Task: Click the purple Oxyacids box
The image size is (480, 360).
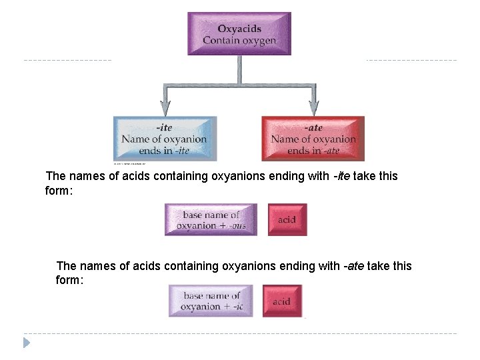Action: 239,33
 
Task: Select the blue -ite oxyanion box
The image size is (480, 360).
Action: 165,139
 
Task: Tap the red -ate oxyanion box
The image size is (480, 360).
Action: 313,139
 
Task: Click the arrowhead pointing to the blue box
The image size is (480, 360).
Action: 165,107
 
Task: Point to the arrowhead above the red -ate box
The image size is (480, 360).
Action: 313,107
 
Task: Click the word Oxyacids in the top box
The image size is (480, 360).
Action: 239,28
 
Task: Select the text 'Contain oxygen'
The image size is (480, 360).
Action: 239,41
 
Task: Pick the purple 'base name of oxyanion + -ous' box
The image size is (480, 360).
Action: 211,220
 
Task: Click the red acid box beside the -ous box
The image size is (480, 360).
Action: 287,220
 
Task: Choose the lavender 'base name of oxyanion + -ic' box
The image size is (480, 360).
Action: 211,301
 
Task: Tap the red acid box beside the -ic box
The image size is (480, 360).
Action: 282,301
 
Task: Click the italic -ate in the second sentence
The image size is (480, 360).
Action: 353,266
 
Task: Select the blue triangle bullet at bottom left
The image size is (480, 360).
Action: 27,343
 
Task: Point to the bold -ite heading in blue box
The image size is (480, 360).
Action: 164,127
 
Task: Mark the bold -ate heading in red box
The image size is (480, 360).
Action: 313,127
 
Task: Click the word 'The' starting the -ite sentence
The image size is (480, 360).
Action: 56,176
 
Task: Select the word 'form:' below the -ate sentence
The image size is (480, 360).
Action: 69,280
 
